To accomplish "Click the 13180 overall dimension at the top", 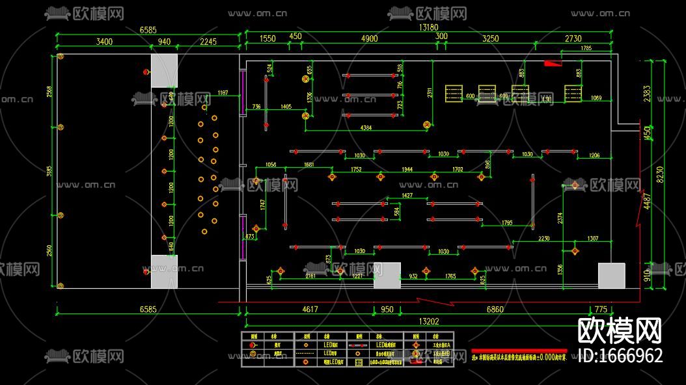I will [428, 27].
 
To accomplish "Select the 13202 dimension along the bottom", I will [428, 321].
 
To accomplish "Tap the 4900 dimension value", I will [368, 38].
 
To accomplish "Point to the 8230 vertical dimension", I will [660, 174].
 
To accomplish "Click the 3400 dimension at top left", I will [104, 42].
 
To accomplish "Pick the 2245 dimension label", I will [208, 42].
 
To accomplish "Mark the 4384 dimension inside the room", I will [366, 128].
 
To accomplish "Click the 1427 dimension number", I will [407, 195].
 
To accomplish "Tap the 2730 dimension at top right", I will [573, 38].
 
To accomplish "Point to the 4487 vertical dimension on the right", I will [647, 202].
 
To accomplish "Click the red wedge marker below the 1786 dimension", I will [553, 63].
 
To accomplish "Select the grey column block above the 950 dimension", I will [387, 275].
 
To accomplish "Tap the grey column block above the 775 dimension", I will [611, 275].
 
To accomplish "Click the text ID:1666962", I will [620, 356].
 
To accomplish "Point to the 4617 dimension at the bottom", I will [310, 310].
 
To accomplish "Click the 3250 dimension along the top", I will [490, 38].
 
